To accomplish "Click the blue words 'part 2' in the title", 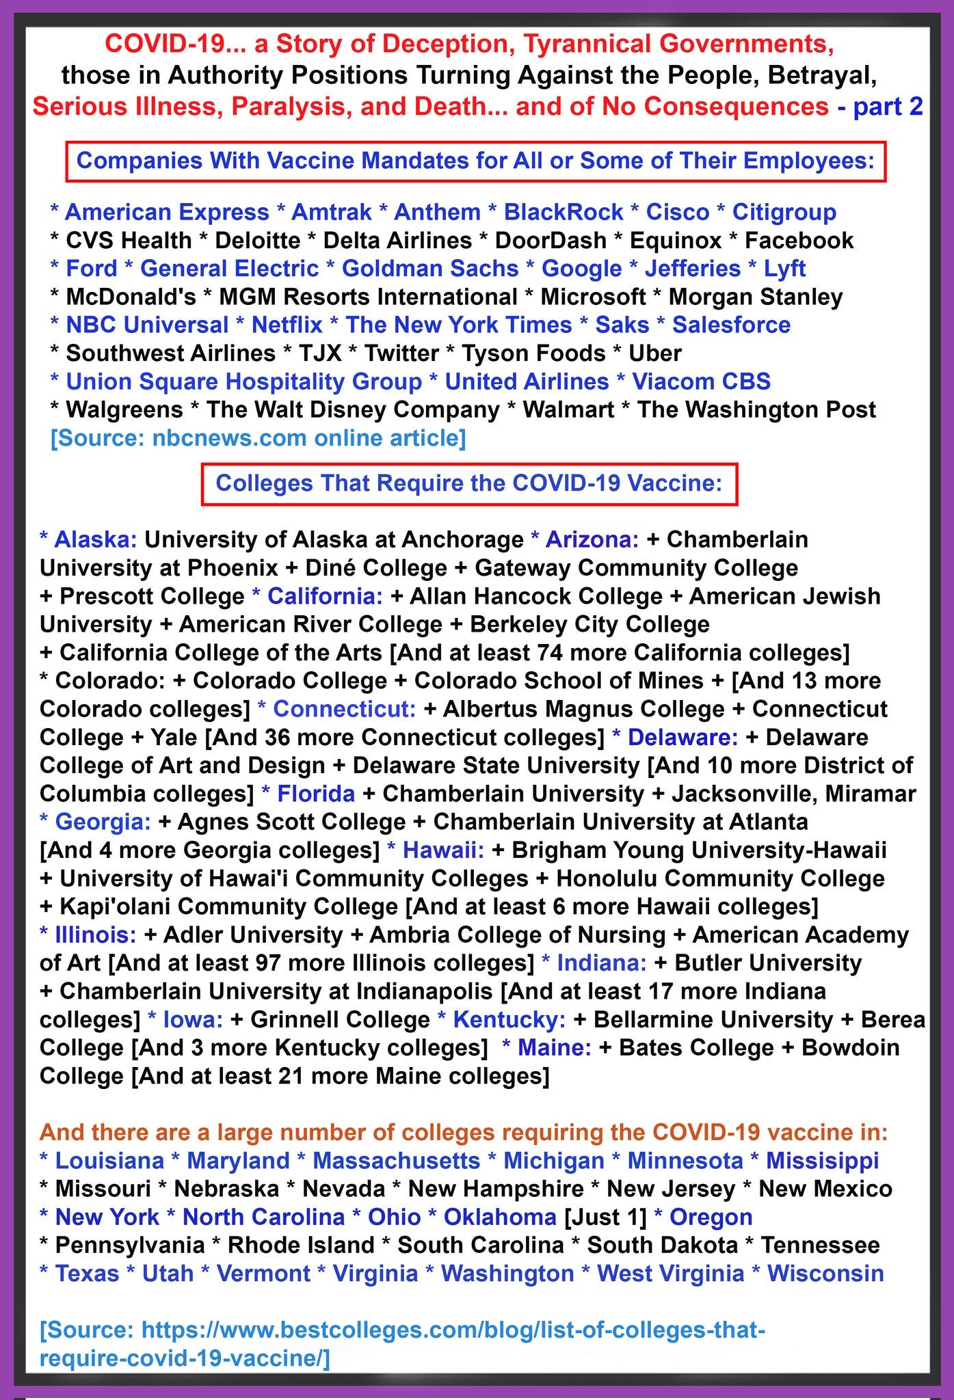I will [887, 107].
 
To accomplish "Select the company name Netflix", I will [287, 325].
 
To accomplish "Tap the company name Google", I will [581, 269].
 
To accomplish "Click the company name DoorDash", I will [551, 241].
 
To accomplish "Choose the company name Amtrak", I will [331, 212].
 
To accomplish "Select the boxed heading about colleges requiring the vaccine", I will [469, 483].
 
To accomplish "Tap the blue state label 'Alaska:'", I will [96, 539].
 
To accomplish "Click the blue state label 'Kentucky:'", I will [509, 1019].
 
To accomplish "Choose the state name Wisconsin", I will [825, 1274].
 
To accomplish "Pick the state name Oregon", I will [711, 1217].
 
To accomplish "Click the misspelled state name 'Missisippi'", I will [822, 1160].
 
